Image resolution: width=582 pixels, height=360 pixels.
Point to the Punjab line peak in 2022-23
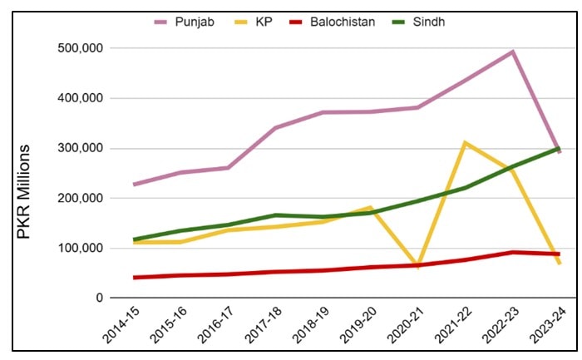(x=512, y=52)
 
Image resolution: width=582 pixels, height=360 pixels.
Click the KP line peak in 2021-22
(x=465, y=143)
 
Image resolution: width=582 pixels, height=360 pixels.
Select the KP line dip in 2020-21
(x=417, y=264)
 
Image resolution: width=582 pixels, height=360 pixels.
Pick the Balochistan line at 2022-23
(x=512, y=252)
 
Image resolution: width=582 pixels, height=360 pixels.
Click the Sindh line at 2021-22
(x=465, y=187)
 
